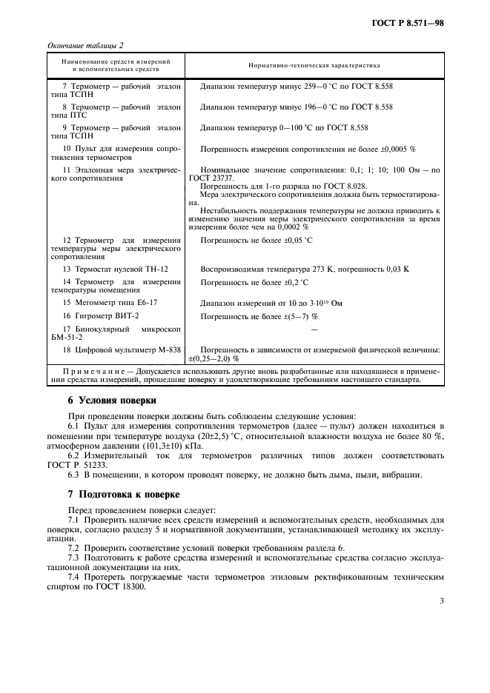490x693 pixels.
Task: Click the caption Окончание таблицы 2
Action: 85,45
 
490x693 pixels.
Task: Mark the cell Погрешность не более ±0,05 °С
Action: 256,241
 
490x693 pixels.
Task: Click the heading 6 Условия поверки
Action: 112,401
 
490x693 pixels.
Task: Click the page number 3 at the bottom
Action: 441,600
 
